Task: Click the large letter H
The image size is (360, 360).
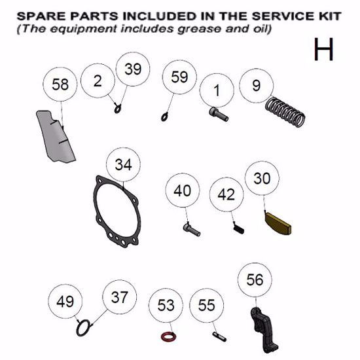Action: click(x=324, y=49)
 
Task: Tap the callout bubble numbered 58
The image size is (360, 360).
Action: click(x=60, y=85)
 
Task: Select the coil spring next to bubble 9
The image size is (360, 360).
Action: click(x=288, y=112)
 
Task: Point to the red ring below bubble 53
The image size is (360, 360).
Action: click(x=168, y=337)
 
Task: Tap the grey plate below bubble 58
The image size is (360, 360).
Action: click(x=56, y=137)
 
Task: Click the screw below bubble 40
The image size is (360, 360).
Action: click(x=190, y=230)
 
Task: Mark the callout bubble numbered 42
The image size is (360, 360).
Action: click(x=226, y=195)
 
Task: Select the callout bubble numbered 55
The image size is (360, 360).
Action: click(x=206, y=305)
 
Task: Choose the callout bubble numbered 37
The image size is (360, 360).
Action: click(x=119, y=297)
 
